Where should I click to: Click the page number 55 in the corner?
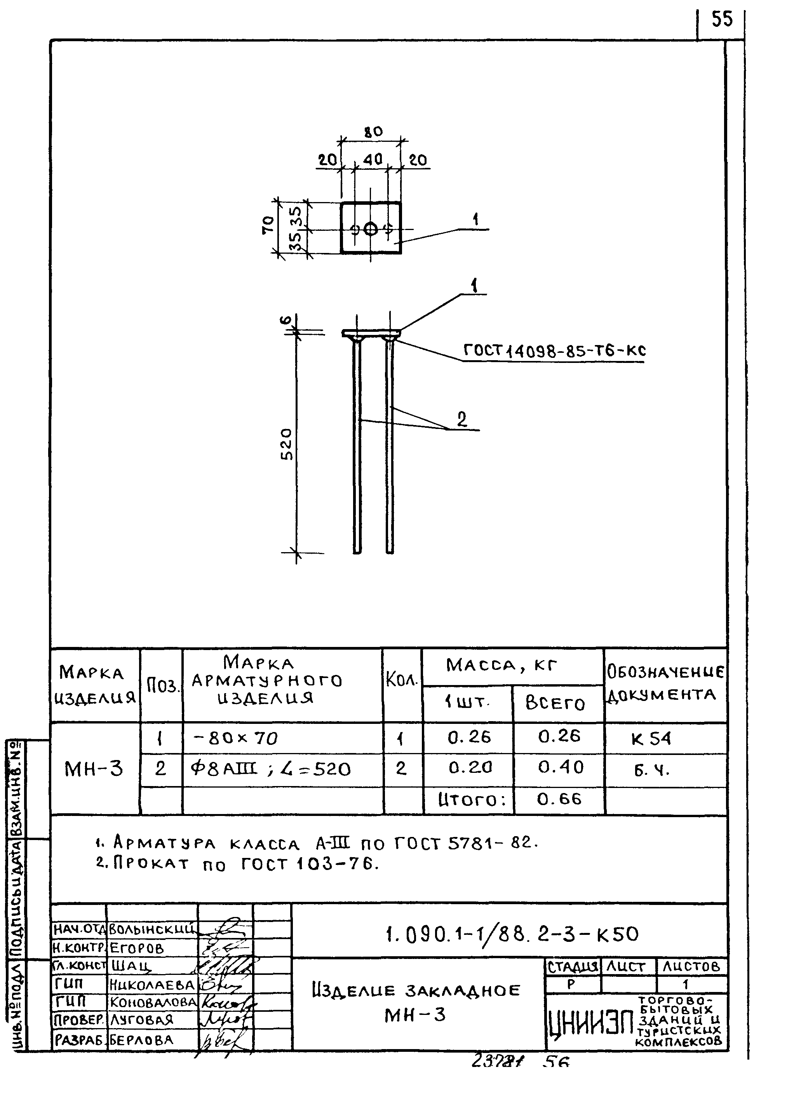721,20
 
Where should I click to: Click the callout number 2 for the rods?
462,419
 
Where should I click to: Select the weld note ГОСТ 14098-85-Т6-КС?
554,351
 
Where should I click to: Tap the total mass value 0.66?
559,799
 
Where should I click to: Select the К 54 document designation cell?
651,739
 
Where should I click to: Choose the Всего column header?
555,703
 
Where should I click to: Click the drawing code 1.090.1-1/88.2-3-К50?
512,934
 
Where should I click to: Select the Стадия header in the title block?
573,966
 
